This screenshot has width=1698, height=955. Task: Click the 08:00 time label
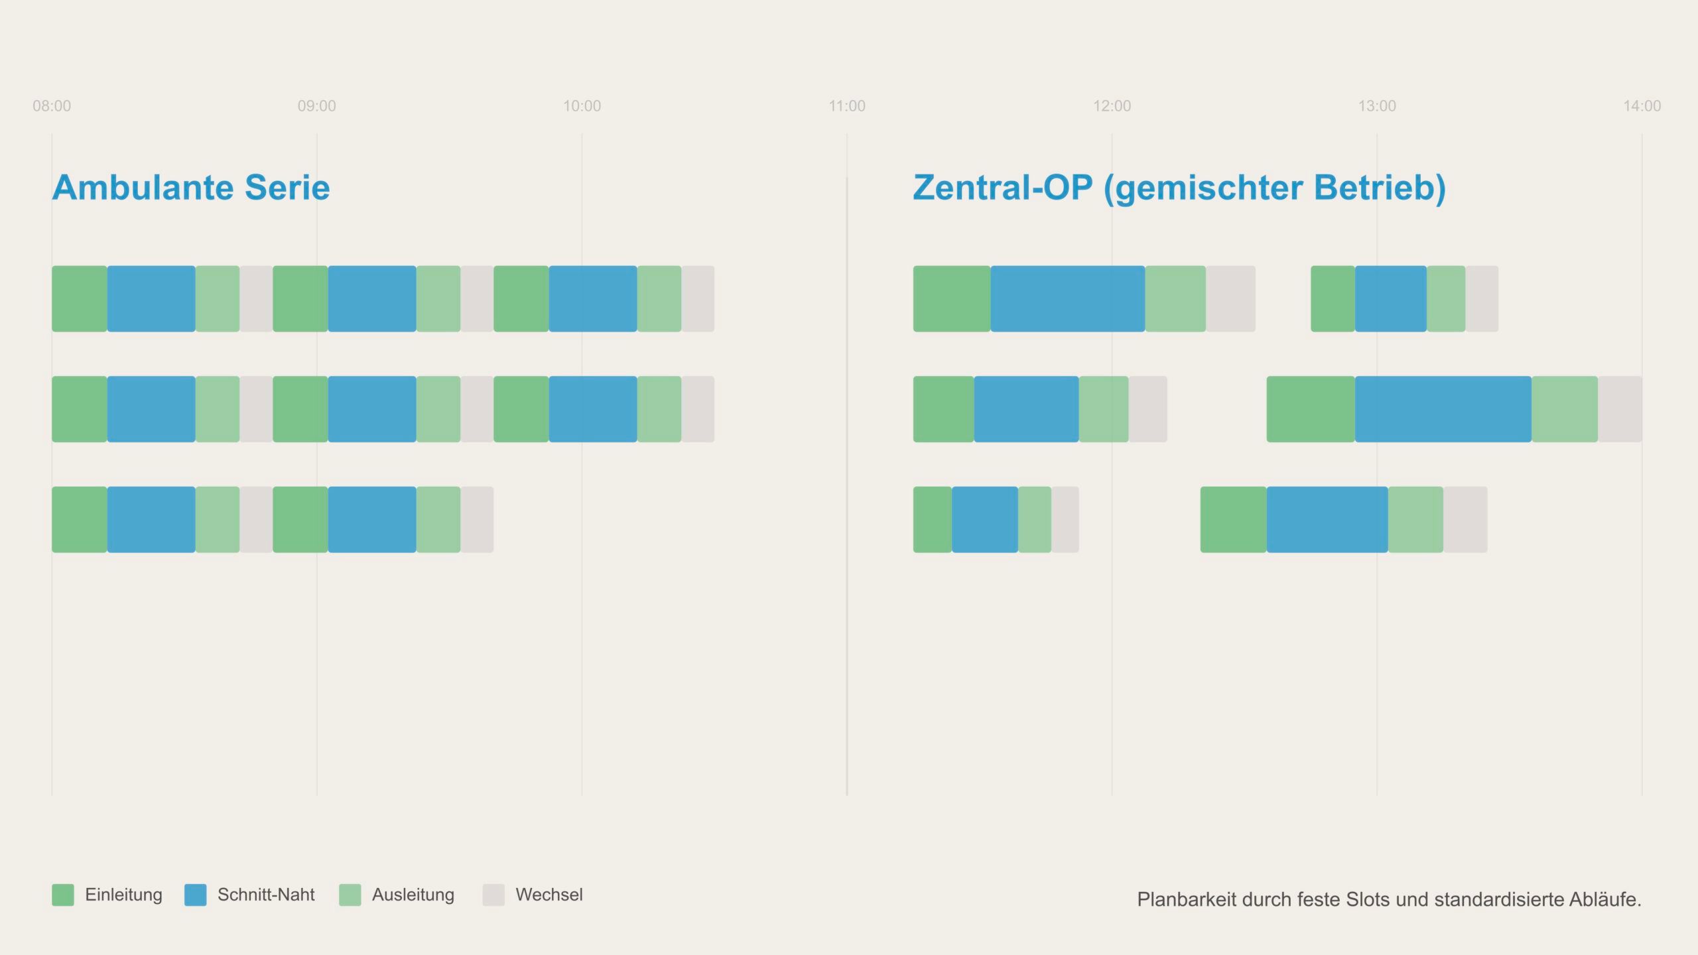52,106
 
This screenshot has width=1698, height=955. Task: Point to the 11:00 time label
847,106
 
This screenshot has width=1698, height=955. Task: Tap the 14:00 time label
1642,106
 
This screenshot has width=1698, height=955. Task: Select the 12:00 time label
1112,106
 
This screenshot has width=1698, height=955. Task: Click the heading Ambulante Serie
191,188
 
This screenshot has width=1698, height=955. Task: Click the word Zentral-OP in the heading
1002,188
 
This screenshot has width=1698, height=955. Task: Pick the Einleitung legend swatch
63,895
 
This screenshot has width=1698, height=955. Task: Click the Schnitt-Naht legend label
266,895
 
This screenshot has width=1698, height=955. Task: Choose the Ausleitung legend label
413,895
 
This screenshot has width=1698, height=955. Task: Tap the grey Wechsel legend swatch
493,895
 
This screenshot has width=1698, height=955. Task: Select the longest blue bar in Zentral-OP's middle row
1443,409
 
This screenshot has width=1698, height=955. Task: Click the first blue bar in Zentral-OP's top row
1067,299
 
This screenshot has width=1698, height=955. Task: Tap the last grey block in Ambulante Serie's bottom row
477,520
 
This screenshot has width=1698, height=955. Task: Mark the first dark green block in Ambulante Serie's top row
80,299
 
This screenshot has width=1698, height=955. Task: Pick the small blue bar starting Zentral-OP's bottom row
984,520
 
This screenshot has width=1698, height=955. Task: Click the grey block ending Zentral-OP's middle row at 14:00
1620,409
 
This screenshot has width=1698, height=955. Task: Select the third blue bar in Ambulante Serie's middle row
592,409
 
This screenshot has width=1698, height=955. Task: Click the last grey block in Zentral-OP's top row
1482,299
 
